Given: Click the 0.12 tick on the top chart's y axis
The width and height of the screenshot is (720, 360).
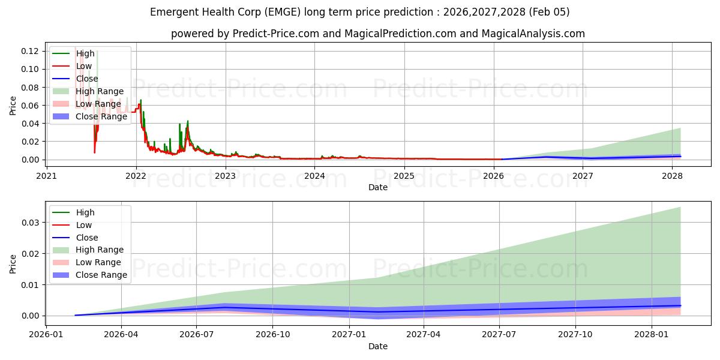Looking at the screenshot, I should (31, 51).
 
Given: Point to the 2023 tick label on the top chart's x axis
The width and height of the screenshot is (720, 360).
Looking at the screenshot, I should (225, 176).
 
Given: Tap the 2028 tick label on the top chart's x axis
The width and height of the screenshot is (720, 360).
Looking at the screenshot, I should (672, 176).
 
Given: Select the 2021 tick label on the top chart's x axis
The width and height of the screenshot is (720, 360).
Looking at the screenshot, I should (47, 176).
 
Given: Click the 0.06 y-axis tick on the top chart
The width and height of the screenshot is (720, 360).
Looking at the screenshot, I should (31, 106).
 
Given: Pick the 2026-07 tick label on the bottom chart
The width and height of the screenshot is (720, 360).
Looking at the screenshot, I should (197, 334).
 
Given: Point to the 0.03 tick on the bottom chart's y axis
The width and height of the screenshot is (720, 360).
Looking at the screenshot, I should (31, 223).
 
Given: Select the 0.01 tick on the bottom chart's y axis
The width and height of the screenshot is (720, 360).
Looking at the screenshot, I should (31, 284).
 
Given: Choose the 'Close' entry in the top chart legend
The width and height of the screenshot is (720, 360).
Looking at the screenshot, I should (87, 79).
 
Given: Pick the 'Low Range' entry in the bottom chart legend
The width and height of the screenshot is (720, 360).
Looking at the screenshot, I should (98, 262).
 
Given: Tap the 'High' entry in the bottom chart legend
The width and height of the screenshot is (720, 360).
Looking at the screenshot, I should (85, 212).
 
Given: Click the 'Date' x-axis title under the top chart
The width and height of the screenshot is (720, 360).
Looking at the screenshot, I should (378, 187).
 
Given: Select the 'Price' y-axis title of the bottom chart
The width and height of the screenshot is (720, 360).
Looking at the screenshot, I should (13, 263).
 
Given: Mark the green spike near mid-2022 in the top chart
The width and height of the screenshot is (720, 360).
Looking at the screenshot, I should (187, 121).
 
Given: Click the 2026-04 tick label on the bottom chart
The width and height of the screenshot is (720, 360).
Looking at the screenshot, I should (121, 334).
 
